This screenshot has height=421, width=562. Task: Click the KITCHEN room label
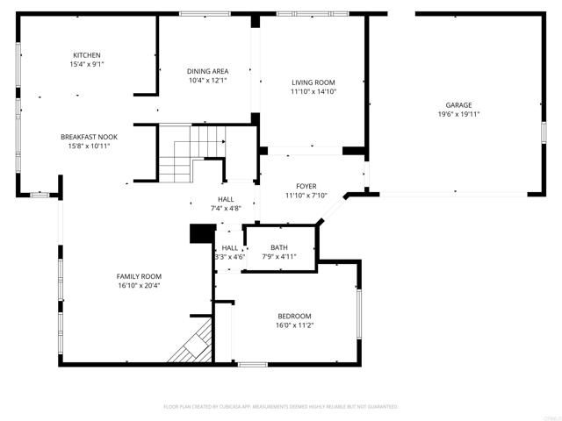pyautogui.click(x=86, y=55)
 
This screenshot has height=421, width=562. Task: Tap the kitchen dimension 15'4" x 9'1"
pyautogui.click(x=86, y=64)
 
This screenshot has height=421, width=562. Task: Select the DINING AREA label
pyautogui.click(x=207, y=71)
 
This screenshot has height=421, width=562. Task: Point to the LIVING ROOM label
pyautogui.click(x=313, y=82)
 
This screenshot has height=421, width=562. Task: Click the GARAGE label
pyautogui.click(x=458, y=104)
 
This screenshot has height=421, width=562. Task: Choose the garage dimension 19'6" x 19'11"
pyautogui.click(x=458, y=114)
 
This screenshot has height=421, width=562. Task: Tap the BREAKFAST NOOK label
pyautogui.click(x=89, y=137)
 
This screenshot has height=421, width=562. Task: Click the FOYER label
pyautogui.click(x=306, y=186)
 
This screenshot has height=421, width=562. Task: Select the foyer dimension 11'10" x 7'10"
pyautogui.click(x=306, y=196)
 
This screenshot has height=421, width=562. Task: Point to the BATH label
pyautogui.click(x=279, y=247)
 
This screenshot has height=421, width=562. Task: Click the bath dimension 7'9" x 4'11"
pyautogui.click(x=279, y=256)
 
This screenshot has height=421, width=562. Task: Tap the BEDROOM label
pyautogui.click(x=294, y=316)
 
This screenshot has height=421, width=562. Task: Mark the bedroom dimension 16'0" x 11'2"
pyautogui.click(x=294, y=325)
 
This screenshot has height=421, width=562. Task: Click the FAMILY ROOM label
pyautogui.click(x=139, y=276)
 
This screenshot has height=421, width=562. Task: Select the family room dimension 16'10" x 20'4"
pyautogui.click(x=139, y=285)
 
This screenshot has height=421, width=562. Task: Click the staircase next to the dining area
pyautogui.click(x=191, y=153)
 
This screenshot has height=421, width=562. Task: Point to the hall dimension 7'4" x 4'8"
pyautogui.click(x=226, y=208)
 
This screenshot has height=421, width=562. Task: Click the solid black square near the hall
pyautogui.click(x=203, y=233)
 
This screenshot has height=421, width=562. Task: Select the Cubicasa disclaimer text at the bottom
pyautogui.click(x=281, y=406)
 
